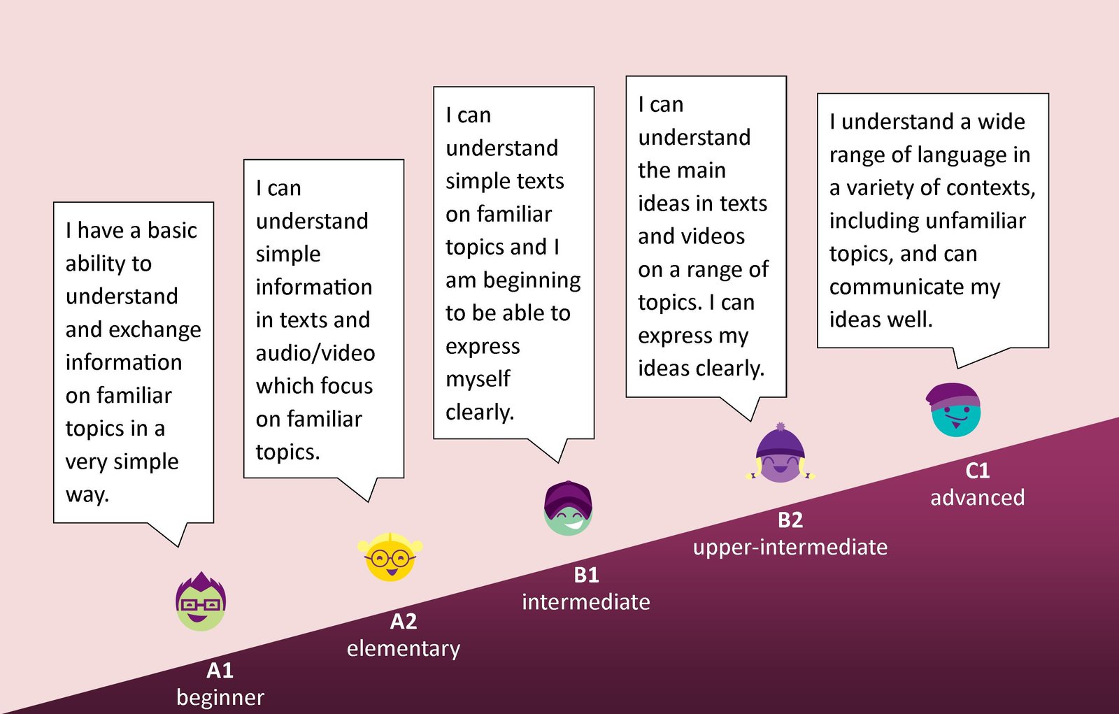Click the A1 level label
click(220, 670)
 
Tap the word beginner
click(220, 697)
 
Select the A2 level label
click(404, 621)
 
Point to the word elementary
click(404, 648)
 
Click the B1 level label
click(586, 575)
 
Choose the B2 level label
click(790, 520)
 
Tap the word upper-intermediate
click(790, 547)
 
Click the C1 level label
click(978, 471)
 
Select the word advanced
click(978, 498)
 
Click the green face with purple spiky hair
click(201, 602)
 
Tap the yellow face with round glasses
click(390, 557)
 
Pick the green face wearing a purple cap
click(568, 508)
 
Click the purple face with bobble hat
click(781, 455)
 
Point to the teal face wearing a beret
click(955, 410)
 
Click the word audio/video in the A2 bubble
click(315, 353)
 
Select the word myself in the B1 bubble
click(478, 379)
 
